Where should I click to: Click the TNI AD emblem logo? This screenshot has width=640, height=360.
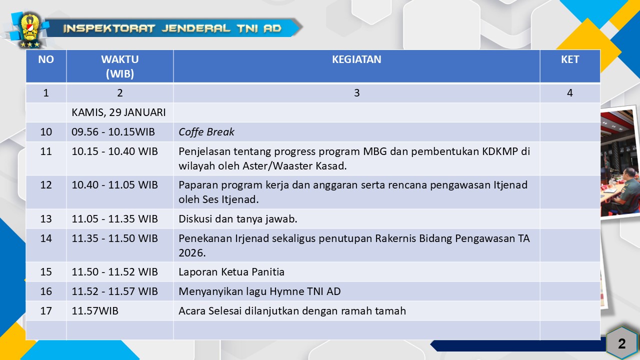29,30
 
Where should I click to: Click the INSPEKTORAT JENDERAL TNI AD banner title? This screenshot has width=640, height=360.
172,28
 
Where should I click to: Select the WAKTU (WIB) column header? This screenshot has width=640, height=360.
119,66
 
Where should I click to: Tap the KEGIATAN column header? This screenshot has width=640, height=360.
356,59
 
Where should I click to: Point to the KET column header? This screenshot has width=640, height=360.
570,59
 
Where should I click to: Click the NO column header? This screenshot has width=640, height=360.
46,59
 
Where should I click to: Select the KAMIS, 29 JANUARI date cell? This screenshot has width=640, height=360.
118,112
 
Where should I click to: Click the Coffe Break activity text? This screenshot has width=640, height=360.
206,131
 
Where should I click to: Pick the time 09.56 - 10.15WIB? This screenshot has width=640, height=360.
113,131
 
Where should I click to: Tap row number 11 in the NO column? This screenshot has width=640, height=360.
46,151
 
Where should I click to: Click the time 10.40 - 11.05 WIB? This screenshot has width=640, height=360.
114,185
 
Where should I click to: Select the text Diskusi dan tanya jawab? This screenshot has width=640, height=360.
238,219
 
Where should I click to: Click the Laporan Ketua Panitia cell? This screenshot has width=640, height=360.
231,271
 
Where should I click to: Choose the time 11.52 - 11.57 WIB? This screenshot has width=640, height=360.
114,291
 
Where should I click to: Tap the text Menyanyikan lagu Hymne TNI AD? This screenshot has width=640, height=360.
259,291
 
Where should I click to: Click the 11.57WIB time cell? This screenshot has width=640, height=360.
95,310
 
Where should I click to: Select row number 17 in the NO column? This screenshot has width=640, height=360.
46,310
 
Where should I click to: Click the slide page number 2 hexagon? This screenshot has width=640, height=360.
621,343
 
